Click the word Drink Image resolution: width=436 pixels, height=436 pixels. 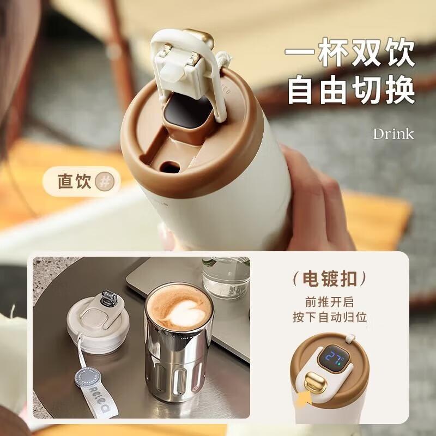(x=393, y=134)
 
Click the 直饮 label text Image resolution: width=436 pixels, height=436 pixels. (x=74, y=181)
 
